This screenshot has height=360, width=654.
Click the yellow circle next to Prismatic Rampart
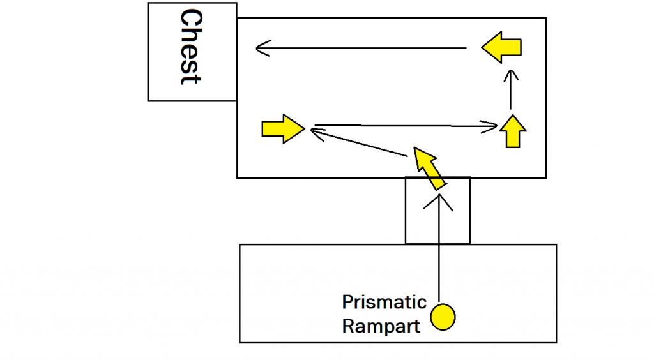(443, 317)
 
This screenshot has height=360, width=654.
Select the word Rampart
(381, 326)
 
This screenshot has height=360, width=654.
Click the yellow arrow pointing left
(501, 47)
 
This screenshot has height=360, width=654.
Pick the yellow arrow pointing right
(282, 129)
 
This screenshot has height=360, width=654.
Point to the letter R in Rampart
(348, 326)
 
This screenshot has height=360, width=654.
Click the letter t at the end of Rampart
(416, 327)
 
